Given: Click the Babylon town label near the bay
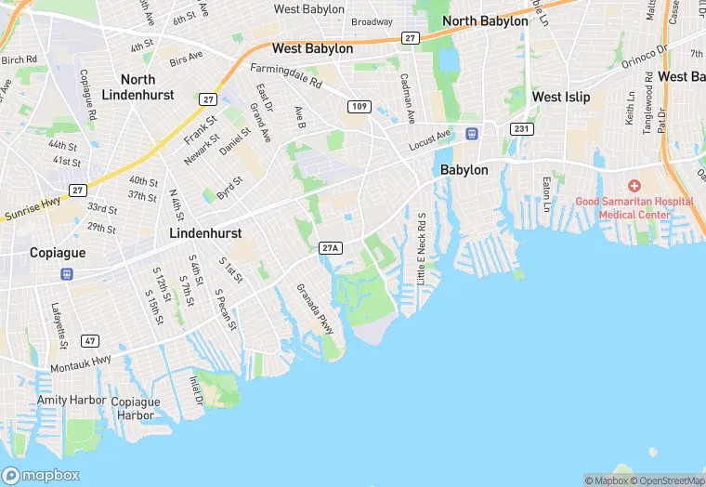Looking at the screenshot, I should coord(464,170).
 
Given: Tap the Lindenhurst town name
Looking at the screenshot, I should coord(205,233).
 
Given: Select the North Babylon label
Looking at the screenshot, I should coord(485,20).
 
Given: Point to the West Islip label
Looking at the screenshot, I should coord(560,97).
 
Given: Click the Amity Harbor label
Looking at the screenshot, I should coord(66,400).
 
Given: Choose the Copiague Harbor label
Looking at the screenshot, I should coord(136,408).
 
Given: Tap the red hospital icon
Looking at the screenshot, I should coord(634,186).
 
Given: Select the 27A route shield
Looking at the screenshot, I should coord(330,248).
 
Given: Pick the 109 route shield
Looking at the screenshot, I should coord(360,107).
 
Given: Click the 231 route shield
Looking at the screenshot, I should coord(521,129).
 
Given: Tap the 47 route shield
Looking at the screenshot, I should coord(89,341).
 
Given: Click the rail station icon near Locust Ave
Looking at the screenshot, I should coord(472,133).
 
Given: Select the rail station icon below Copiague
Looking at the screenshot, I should coord(67,274).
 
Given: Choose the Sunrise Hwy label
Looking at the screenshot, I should coord(31,215).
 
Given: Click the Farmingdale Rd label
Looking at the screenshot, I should coord(286,76).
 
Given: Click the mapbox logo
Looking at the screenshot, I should coord(42,475).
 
